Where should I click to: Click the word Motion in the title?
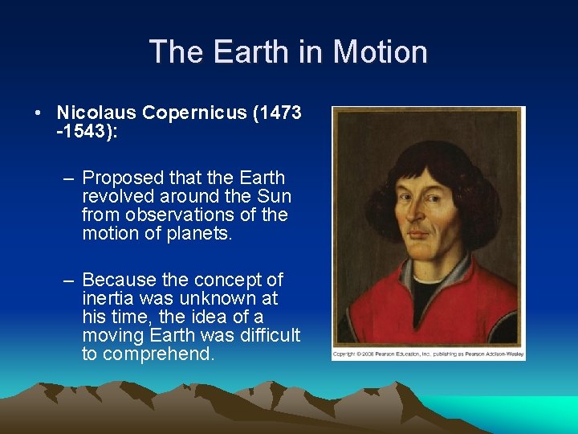pos(380,52)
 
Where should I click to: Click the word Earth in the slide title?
pos(250,52)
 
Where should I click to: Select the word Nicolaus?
pos(90,113)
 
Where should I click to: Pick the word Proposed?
pos(119,178)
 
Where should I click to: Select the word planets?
pos(200,234)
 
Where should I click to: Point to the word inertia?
pos(107,299)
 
